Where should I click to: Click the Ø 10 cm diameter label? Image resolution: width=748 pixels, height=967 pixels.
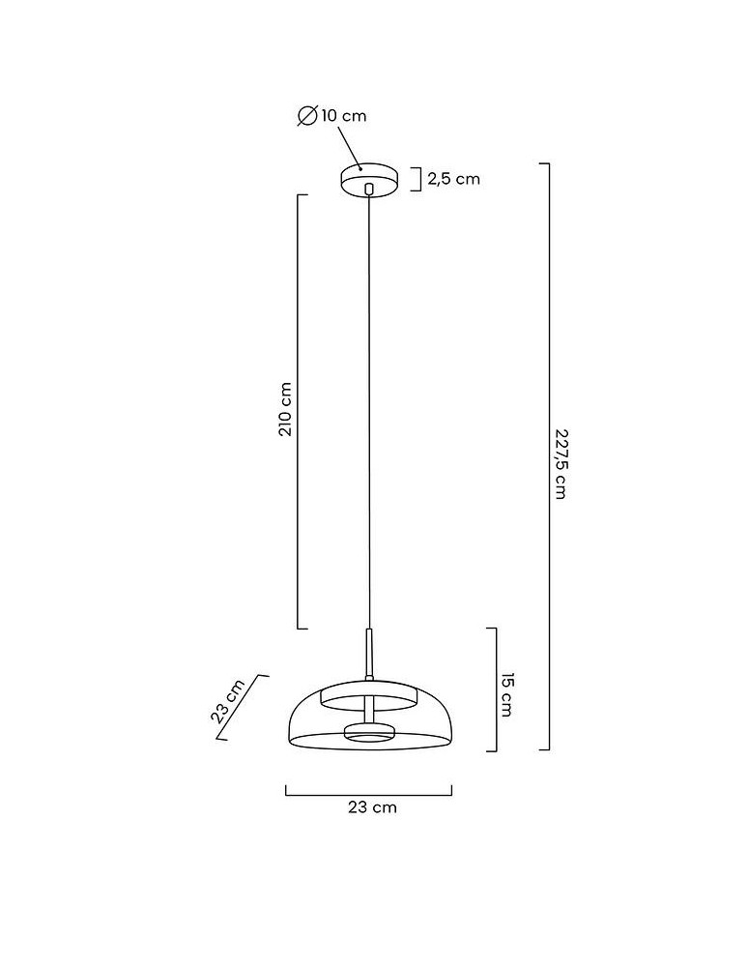(x=331, y=116)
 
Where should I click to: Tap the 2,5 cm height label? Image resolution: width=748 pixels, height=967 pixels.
(x=453, y=179)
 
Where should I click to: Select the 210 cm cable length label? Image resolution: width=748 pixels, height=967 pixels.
(x=285, y=410)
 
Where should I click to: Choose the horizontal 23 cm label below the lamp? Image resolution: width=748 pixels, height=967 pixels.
(x=371, y=806)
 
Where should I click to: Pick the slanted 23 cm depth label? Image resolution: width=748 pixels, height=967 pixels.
(x=228, y=701)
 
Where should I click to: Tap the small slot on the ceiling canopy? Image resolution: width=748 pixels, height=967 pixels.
(x=368, y=184)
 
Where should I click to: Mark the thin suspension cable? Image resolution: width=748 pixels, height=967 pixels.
(x=368, y=406)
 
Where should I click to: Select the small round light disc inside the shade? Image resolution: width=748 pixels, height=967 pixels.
(x=368, y=733)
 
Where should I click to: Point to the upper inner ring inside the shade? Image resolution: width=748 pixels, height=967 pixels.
(x=368, y=697)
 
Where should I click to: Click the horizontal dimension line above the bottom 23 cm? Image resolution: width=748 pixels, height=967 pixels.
(x=368, y=794)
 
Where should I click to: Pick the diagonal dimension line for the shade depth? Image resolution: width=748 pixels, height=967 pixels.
(x=242, y=707)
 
